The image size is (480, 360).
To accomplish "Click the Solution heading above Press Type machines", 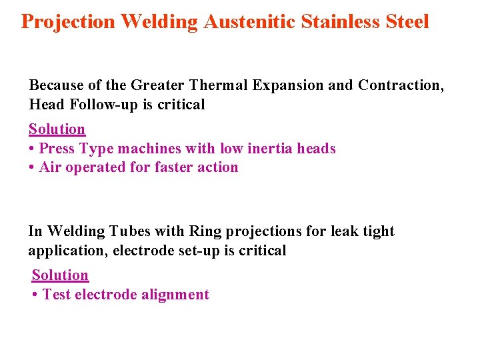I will (57, 129).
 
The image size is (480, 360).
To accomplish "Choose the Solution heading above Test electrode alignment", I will (60, 275).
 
